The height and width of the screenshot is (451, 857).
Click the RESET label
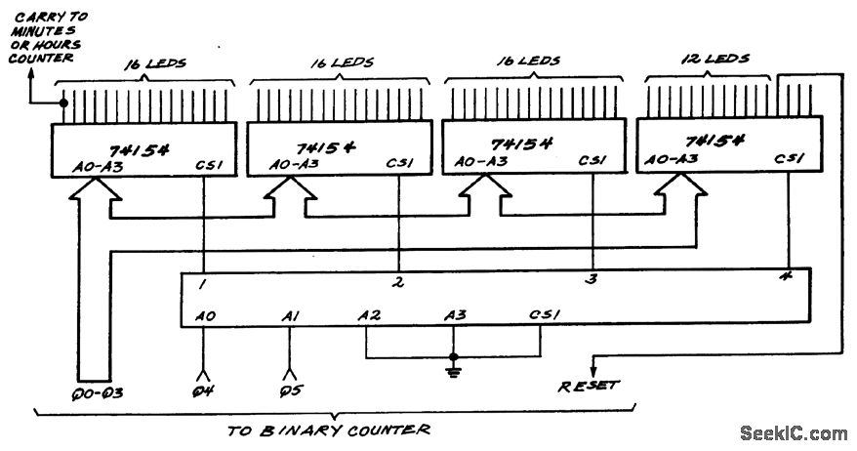click(x=588, y=386)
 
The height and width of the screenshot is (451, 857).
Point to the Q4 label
click(x=204, y=394)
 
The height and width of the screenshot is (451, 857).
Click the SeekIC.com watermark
click(x=793, y=432)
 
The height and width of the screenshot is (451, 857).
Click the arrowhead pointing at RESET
click(x=592, y=365)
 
